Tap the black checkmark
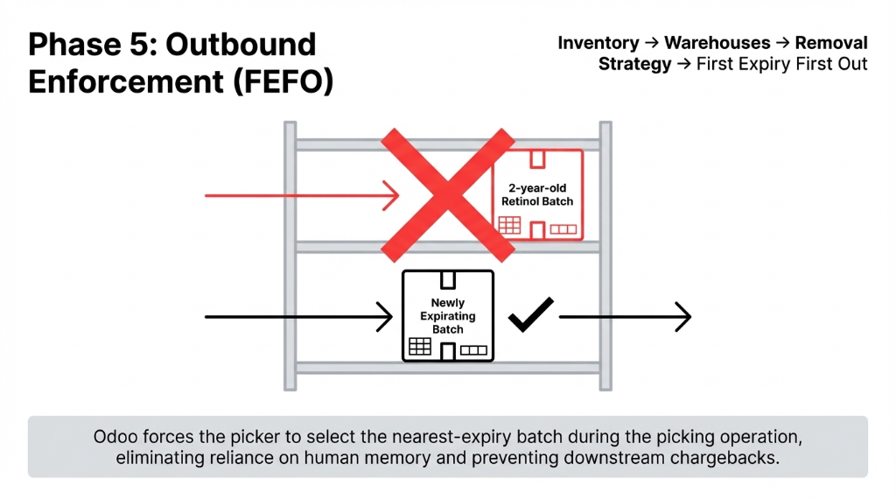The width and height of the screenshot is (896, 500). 531,315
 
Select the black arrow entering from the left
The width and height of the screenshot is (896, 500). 297,316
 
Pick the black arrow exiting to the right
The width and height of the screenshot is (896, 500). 625,316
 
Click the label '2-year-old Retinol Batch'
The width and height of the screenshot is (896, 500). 537,194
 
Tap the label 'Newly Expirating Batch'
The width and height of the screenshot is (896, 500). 448,315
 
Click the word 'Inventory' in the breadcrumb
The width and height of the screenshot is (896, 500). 598,43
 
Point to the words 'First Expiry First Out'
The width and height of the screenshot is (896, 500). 781,64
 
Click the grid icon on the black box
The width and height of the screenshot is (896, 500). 420,347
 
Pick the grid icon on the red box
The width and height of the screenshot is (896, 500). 509,225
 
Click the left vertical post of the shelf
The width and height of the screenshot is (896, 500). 290,255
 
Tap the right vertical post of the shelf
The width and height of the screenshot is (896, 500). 605,255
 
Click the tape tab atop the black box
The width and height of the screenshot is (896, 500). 448,278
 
